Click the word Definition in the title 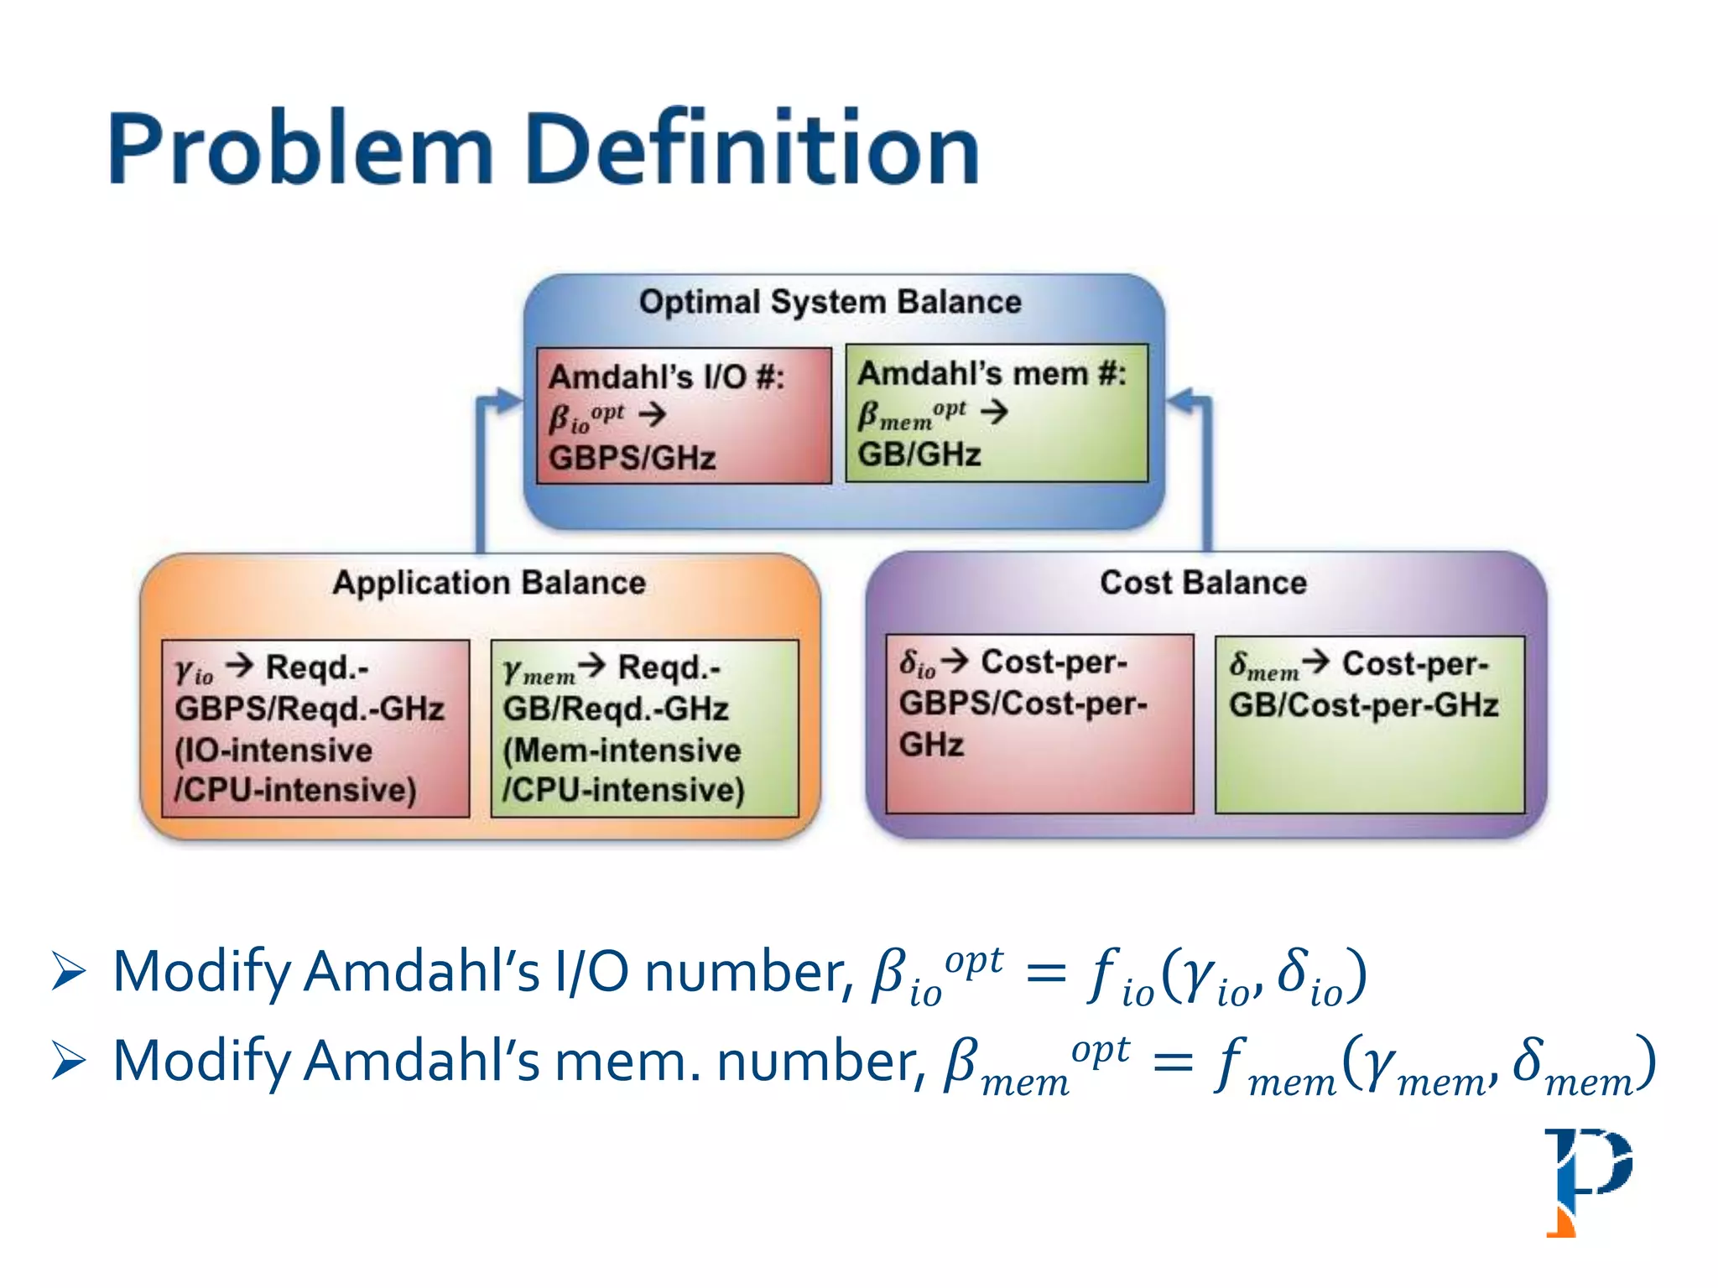[752, 149]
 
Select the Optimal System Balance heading [830, 302]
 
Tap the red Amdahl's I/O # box [684, 416]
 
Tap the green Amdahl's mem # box [996, 413]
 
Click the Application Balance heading [489, 583]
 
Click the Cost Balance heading [1203, 583]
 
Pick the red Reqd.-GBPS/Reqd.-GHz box [315, 728]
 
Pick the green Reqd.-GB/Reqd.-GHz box [644, 728]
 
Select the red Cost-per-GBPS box [1039, 723]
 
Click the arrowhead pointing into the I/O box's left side [509, 400]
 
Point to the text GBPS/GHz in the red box [632, 459]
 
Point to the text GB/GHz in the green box [919, 454]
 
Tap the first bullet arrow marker [69, 972]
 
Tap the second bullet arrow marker [69, 1062]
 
